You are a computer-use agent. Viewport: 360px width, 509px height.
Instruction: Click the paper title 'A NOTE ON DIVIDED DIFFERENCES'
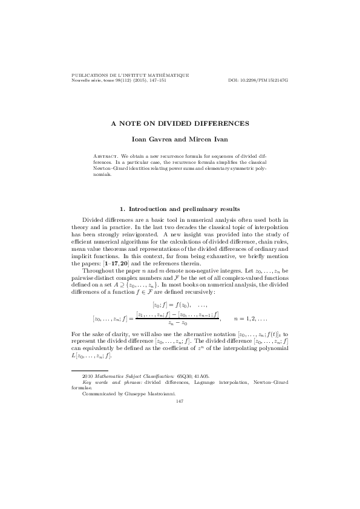[x=179, y=123]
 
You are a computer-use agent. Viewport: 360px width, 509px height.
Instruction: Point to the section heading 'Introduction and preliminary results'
[x=184, y=209]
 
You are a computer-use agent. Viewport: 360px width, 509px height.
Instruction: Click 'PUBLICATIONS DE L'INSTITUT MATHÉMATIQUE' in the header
[x=130, y=75]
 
